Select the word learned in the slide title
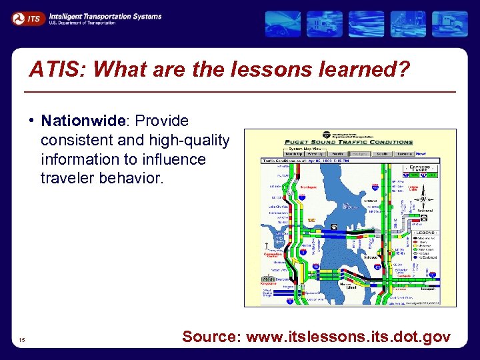coord(363,70)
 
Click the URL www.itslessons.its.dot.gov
coord(348,337)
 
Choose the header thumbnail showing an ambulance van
coord(324,24)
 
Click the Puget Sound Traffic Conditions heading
coord(349,142)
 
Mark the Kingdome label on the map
coord(269,283)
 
